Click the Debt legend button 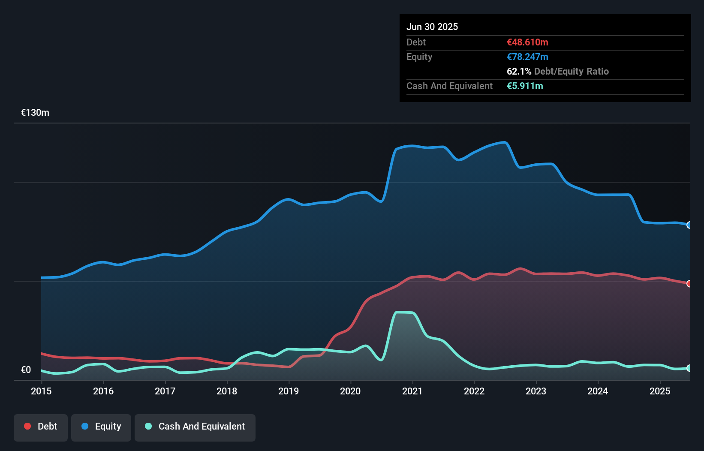click(41, 427)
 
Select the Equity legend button click(101, 427)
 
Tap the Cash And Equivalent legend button click(195, 427)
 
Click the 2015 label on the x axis click(41, 391)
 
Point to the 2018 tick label click(227, 391)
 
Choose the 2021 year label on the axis click(412, 391)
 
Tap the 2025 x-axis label click(659, 391)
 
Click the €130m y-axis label click(35, 113)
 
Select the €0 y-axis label click(26, 370)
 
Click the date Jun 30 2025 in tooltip click(432, 27)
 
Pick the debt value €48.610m click(527, 42)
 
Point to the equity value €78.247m click(527, 57)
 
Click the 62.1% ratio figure click(519, 71)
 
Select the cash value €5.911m click(525, 86)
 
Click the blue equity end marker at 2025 click(689, 225)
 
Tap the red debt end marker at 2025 click(689, 283)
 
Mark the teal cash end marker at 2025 click(689, 368)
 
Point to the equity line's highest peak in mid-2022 click(504, 142)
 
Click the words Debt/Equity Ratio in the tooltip click(571, 71)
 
